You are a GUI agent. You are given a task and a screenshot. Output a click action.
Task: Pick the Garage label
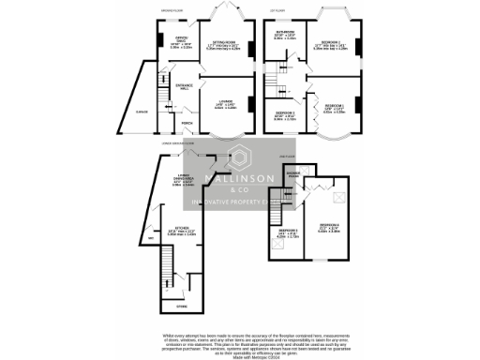tap(142, 112)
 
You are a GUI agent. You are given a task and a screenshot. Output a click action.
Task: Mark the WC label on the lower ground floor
tap(152, 236)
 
